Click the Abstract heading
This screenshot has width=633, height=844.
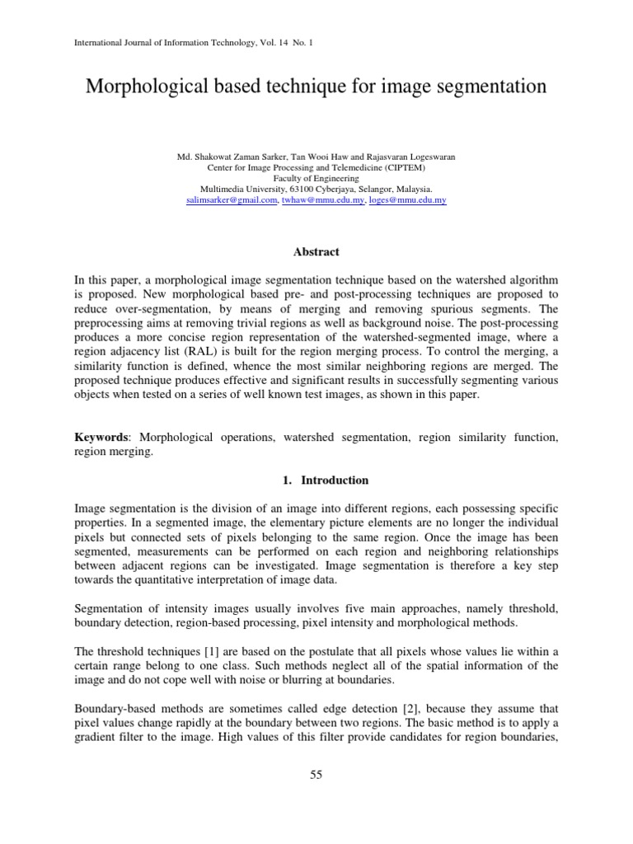coord(316,252)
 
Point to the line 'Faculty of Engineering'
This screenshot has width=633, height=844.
coord(316,177)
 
